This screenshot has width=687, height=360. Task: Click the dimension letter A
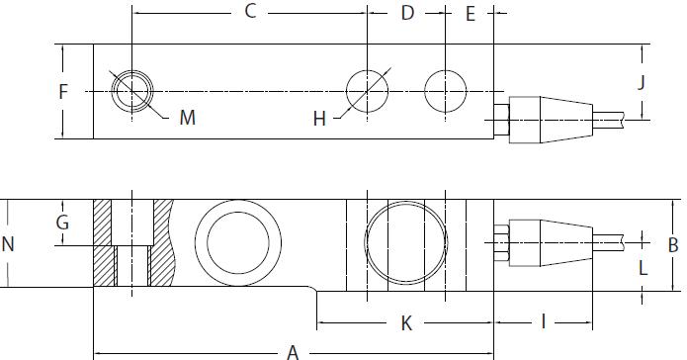tap(292, 350)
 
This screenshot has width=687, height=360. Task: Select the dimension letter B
tap(672, 244)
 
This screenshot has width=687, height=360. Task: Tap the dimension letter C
tap(250, 12)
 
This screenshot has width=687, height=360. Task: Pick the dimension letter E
tap(470, 13)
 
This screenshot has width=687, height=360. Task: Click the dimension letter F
tap(62, 92)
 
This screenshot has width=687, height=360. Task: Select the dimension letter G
tap(62, 223)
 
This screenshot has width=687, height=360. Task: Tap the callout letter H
tap(319, 119)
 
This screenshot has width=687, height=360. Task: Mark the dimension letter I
tap(543, 320)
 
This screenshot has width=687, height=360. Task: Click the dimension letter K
tap(405, 322)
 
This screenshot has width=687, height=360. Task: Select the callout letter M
tap(187, 119)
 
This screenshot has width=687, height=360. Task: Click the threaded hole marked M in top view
tap(131, 91)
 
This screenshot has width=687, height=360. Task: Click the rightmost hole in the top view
tap(445, 91)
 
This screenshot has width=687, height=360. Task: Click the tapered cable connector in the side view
tap(549, 238)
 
